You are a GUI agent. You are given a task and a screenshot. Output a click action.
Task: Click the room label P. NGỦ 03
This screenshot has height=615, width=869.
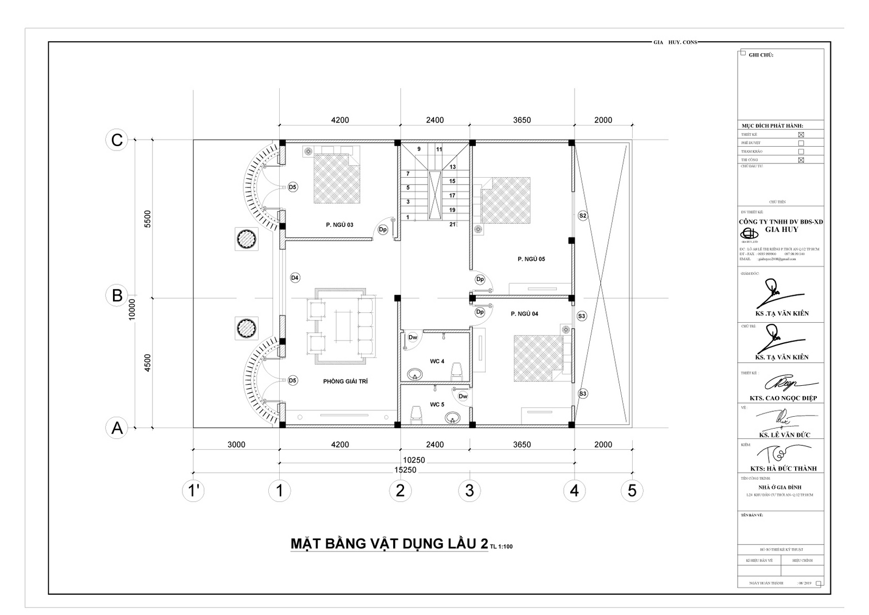339,224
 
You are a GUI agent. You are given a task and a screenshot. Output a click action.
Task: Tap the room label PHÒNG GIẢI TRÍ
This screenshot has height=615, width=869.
345,381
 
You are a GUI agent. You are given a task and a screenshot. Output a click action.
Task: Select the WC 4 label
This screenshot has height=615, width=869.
437,361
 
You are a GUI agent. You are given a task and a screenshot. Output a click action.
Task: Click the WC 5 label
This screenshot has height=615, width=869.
437,404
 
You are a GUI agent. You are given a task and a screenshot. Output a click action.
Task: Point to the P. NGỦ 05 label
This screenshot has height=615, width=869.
531,259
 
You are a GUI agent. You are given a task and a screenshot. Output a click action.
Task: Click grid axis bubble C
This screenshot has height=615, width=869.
117,140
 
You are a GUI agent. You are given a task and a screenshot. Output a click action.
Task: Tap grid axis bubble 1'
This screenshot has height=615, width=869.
193,491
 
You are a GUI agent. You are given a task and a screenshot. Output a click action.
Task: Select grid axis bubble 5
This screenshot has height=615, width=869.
632,491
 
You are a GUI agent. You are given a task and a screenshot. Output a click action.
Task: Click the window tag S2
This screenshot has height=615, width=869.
583,216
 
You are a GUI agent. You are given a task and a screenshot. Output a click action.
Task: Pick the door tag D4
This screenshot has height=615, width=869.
295,278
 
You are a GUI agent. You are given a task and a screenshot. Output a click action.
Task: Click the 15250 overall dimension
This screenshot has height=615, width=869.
405,470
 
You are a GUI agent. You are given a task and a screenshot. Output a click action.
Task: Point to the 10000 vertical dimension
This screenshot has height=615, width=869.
132,310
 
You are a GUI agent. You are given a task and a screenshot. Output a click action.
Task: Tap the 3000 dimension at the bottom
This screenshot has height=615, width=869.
236,444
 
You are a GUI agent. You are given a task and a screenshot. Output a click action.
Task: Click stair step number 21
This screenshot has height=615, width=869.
452,224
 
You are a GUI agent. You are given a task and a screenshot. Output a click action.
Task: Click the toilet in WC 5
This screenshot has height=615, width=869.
417,415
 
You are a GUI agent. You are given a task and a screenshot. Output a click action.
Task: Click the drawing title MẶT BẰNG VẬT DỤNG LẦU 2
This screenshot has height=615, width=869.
389,544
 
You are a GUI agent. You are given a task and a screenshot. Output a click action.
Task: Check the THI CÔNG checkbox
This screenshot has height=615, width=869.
801,160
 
